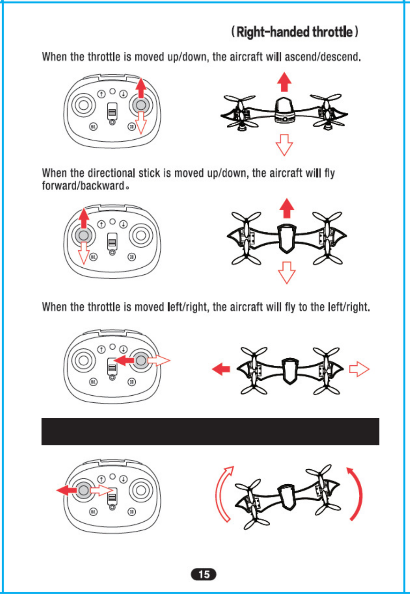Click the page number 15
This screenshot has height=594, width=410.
[x=204, y=574]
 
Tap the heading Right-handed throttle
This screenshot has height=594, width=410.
[x=295, y=32]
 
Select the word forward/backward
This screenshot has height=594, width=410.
[x=83, y=186]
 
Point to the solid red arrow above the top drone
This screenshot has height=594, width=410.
[x=284, y=81]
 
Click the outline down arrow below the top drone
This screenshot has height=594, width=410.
[x=284, y=145]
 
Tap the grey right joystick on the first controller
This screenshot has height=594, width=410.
[x=141, y=105]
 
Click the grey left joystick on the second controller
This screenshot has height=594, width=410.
[x=84, y=236]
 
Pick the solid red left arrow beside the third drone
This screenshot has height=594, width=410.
[x=221, y=369]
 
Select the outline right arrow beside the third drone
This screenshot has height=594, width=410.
[x=359, y=369]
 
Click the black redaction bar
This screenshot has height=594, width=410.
[x=210, y=431]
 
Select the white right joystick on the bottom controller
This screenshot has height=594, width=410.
[x=141, y=490]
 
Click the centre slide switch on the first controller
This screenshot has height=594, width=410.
[x=112, y=111]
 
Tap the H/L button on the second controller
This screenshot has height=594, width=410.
[x=93, y=257]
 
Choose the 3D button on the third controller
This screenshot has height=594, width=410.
[x=132, y=382]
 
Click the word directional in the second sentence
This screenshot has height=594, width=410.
[x=111, y=173]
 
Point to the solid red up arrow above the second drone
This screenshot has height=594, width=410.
[x=286, y=208]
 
